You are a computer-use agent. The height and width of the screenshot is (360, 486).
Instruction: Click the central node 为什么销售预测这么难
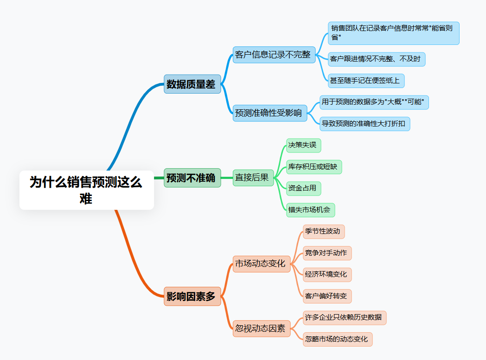(x=86, y=190)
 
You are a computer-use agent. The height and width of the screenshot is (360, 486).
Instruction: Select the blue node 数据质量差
(x=192, y=84)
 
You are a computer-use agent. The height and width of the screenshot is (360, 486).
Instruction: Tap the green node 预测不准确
(x=192, y=178)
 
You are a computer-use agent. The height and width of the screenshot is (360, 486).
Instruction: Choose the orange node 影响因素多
(x=192, y=297)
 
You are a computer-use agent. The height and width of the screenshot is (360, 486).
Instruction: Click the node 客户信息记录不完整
(x=274, y=55)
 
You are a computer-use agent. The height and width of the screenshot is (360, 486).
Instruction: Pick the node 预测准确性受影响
(x=269, y=113)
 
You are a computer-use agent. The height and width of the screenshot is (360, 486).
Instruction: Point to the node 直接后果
(x=253, y=177)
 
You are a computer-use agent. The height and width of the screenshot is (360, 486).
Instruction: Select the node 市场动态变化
(x=261, y=264)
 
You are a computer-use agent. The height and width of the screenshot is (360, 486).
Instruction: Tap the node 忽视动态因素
(x=261, y=329)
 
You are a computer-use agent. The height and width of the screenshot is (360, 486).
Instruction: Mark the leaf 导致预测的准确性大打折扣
(x=364, y=124)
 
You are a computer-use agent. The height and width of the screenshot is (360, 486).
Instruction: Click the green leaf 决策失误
(x=303, y=145)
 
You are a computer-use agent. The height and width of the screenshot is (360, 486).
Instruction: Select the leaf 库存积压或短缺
(x=313, y=167)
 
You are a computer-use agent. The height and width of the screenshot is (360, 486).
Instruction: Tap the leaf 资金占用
(x=303, y=189)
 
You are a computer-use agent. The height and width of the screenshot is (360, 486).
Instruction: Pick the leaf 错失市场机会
(x=310, y=210)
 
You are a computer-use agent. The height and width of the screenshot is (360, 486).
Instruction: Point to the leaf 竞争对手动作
(x=326, y=253)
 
